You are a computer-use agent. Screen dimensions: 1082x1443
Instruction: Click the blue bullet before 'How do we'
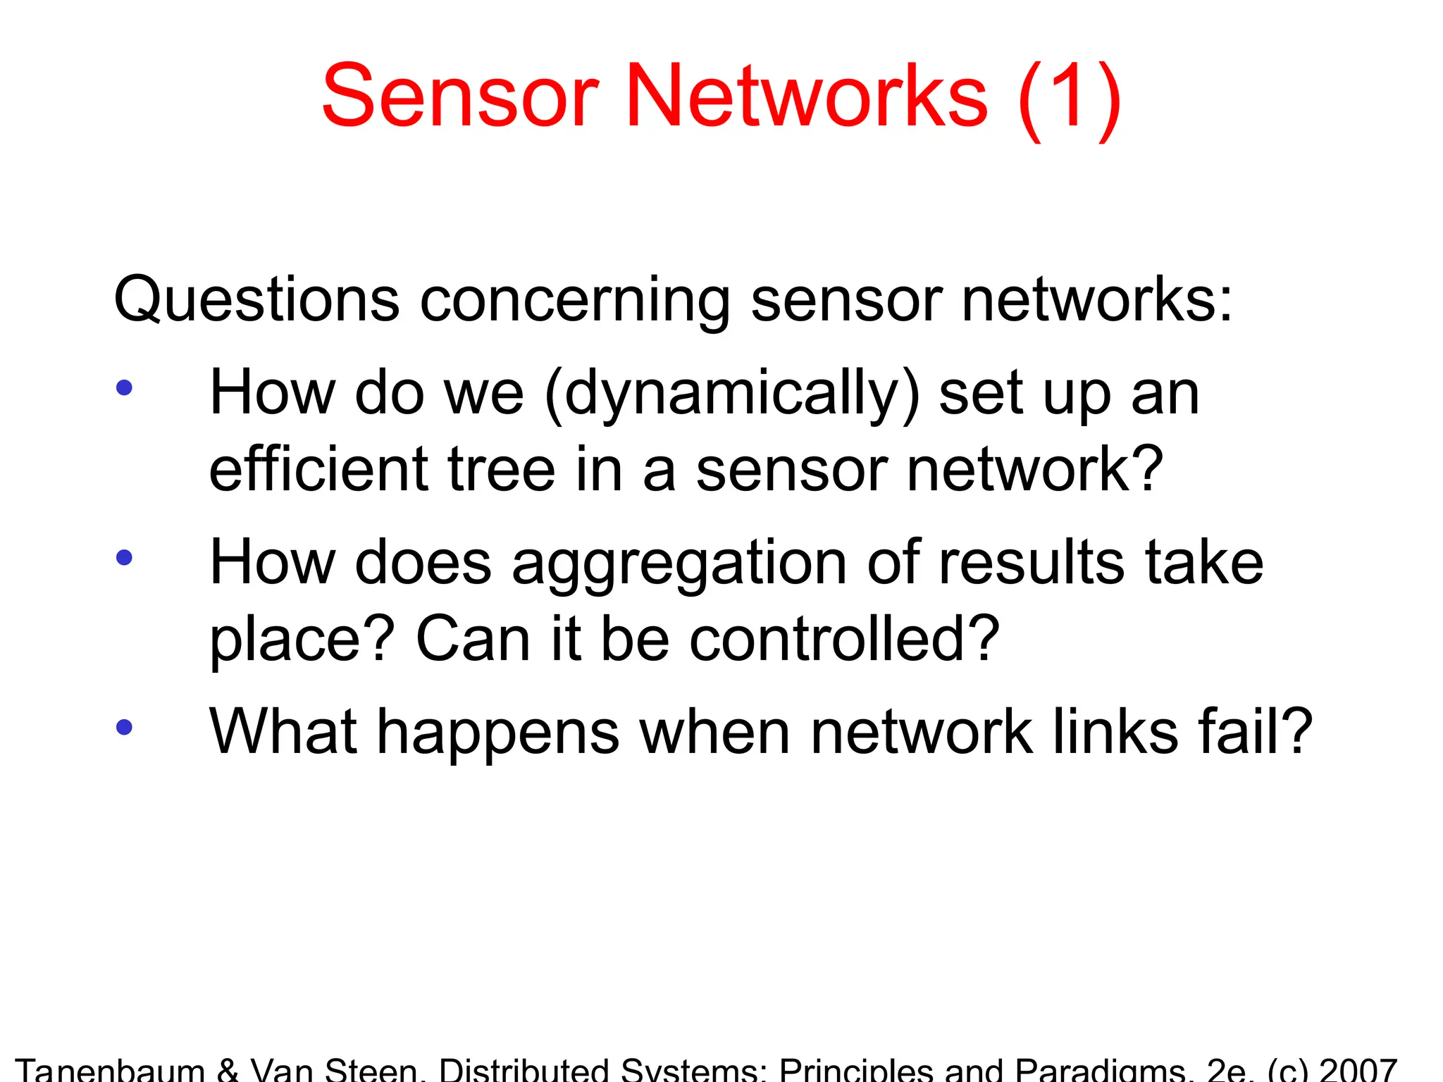125,387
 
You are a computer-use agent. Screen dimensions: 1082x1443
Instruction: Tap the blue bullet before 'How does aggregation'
125,557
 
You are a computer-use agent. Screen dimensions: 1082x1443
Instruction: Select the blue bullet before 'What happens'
125,727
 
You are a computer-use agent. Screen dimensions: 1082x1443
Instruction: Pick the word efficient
319,469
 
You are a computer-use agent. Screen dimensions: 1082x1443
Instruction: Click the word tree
502,469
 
